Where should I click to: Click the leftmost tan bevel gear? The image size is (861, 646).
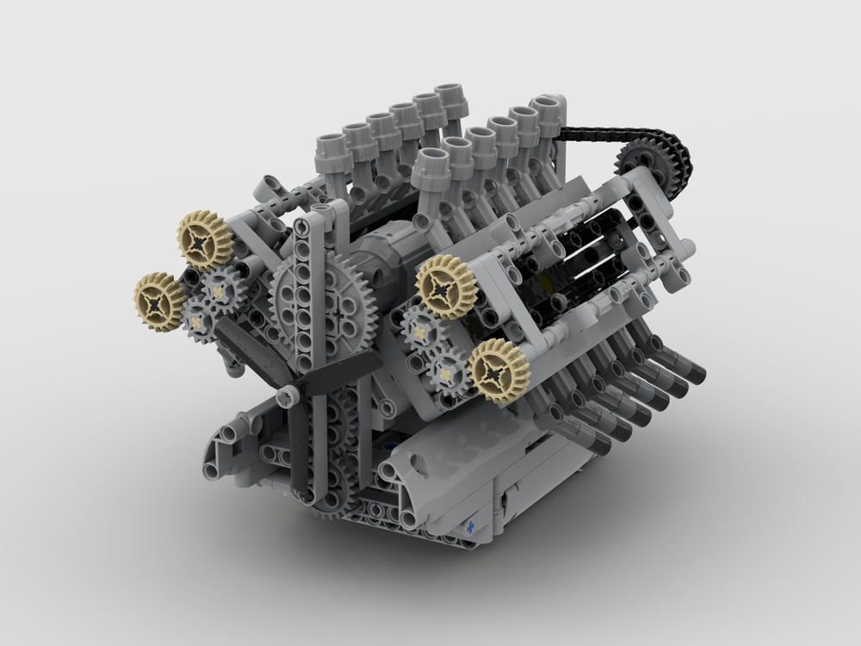[160, 301]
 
